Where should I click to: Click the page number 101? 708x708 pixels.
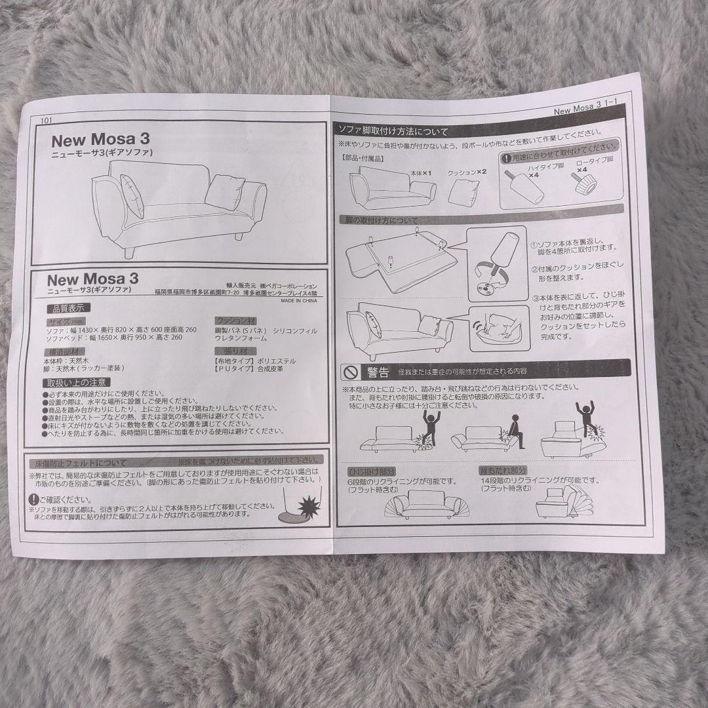click(45, 120)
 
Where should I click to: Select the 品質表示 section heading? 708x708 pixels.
click(68, 308)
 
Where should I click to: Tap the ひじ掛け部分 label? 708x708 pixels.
click(371, 471)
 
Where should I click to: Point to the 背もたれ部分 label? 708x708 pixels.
click(503, 470)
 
